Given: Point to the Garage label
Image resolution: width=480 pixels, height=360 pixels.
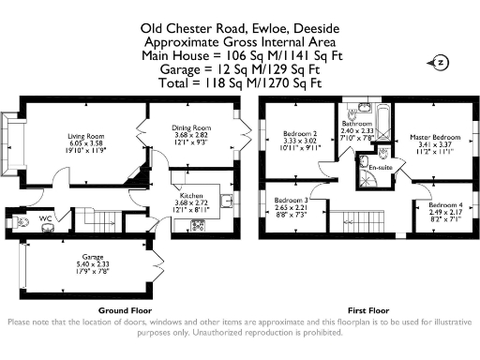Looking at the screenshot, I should tap(91, 256).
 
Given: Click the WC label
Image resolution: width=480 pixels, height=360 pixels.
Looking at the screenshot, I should tap(44, 218).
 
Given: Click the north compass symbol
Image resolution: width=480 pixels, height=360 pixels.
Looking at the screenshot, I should tap(440, 63).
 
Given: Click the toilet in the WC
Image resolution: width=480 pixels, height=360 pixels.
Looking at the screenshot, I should tap(22, 222).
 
